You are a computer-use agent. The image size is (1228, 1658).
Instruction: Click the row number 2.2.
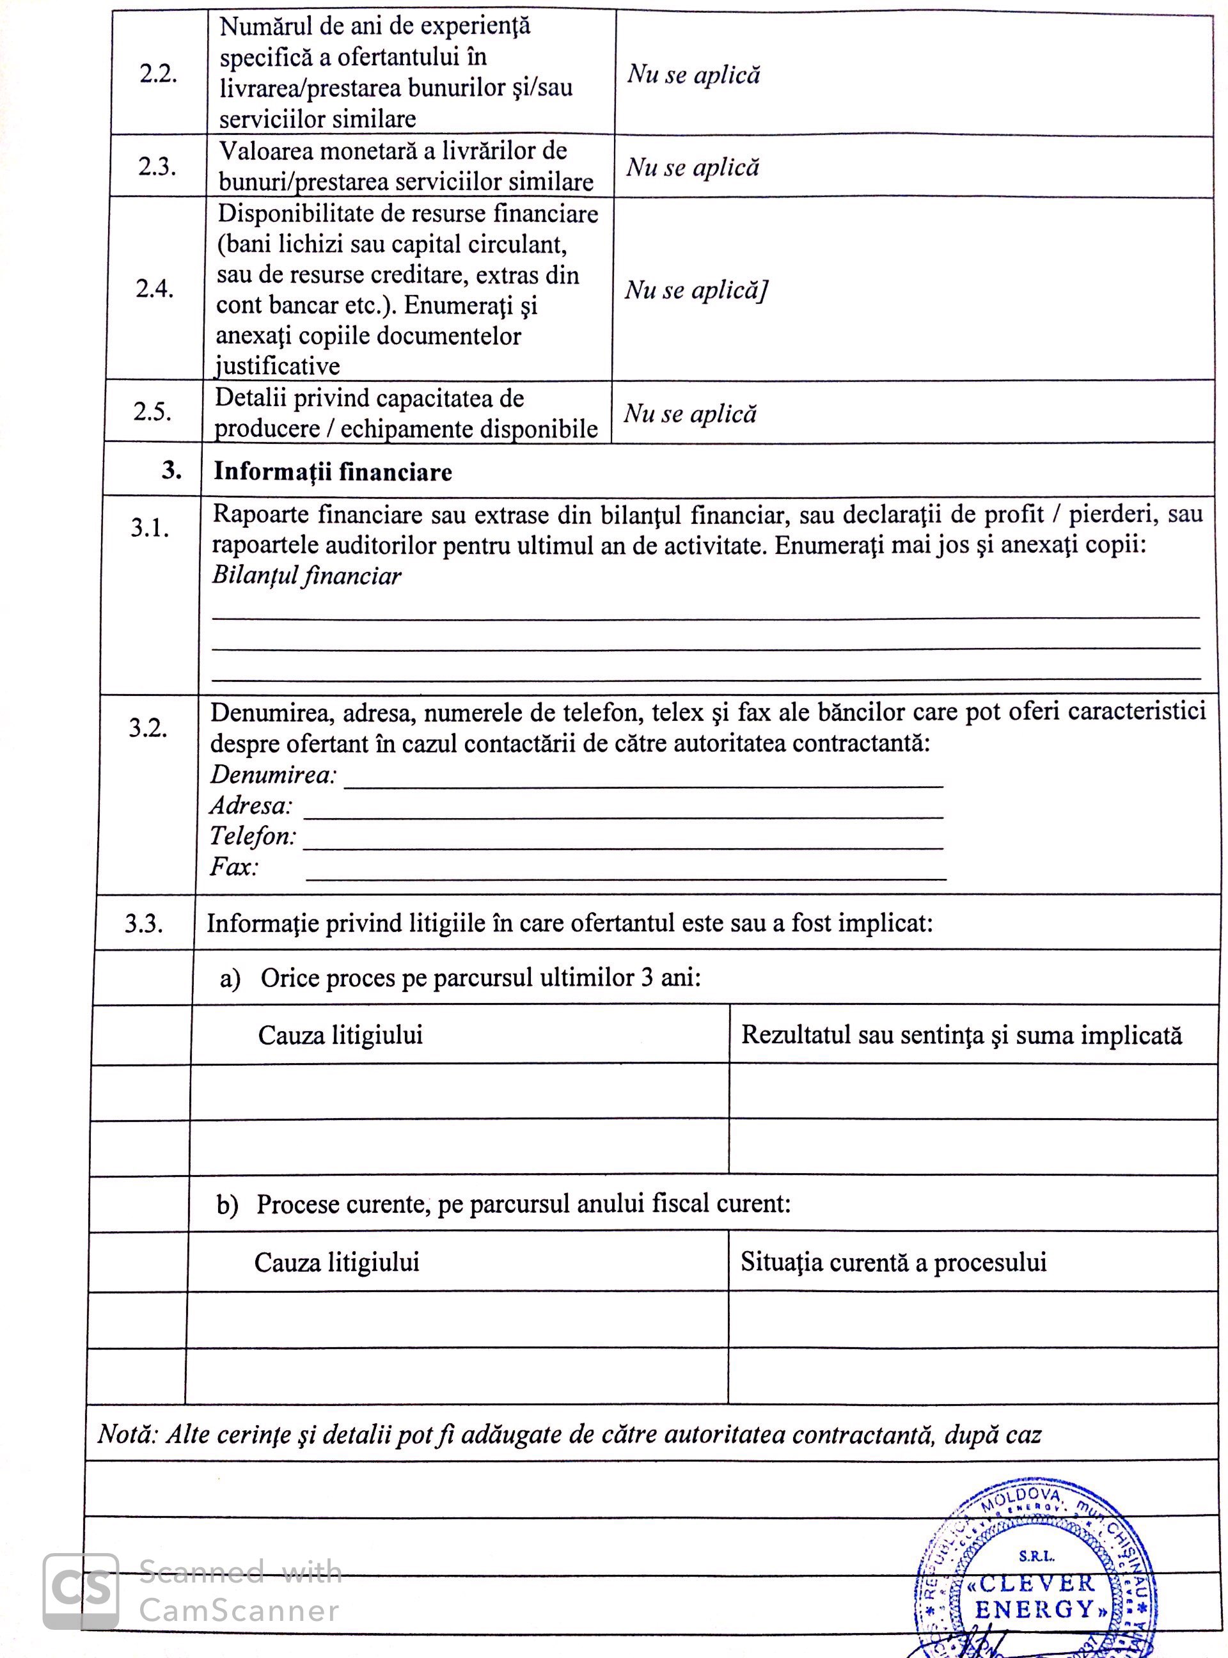coord(157,75)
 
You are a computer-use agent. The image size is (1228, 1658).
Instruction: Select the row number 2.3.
coord(157,166)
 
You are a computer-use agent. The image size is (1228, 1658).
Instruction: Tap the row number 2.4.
coord(155,288)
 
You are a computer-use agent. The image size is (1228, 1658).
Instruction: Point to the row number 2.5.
coord(152,411)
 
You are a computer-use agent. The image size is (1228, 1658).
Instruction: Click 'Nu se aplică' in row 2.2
coord(693,74)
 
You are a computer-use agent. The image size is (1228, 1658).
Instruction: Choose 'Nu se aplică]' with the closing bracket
coord(695,289)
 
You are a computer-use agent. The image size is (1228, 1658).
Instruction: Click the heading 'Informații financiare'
coord(333,472)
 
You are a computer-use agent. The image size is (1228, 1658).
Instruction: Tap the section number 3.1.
coord(150,528)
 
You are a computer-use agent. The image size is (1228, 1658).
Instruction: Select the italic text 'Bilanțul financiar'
coord(306,576)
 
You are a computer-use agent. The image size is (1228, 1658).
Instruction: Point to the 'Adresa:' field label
coord(251,805)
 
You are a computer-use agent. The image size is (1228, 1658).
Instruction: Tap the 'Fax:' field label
coord(234,867)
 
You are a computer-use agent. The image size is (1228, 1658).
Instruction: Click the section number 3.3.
coord(143,924)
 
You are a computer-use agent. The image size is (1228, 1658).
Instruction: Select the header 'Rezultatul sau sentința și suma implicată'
coord(961,1035)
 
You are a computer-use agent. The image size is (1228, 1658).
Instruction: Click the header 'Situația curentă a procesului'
coord(893,1261)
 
